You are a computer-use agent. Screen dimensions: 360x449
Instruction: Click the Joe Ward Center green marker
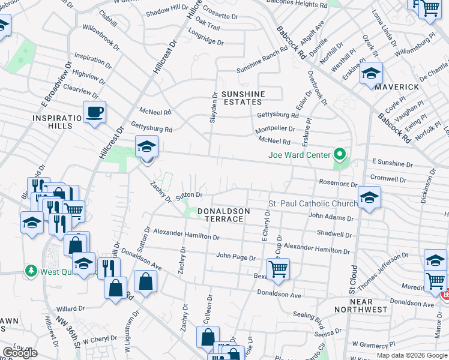coord(340,155)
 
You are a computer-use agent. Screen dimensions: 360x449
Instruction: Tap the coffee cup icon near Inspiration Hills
coord(95,112)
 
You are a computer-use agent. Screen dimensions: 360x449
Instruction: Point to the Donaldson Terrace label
coord(221,215)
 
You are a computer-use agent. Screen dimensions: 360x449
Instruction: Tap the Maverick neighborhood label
coord(397,87)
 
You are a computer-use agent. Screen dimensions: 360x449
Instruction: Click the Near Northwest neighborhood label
coord(367,305)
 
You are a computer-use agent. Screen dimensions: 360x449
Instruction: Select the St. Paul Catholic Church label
coord(313,204)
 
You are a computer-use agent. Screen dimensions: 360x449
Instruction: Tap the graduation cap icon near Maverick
coord(371,74)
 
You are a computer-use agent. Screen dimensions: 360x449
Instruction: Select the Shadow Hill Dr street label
coord(167,11)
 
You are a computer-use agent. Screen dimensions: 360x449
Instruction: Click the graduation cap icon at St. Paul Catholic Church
coord(369,197)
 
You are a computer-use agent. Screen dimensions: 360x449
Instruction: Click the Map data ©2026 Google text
coord(411,355)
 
